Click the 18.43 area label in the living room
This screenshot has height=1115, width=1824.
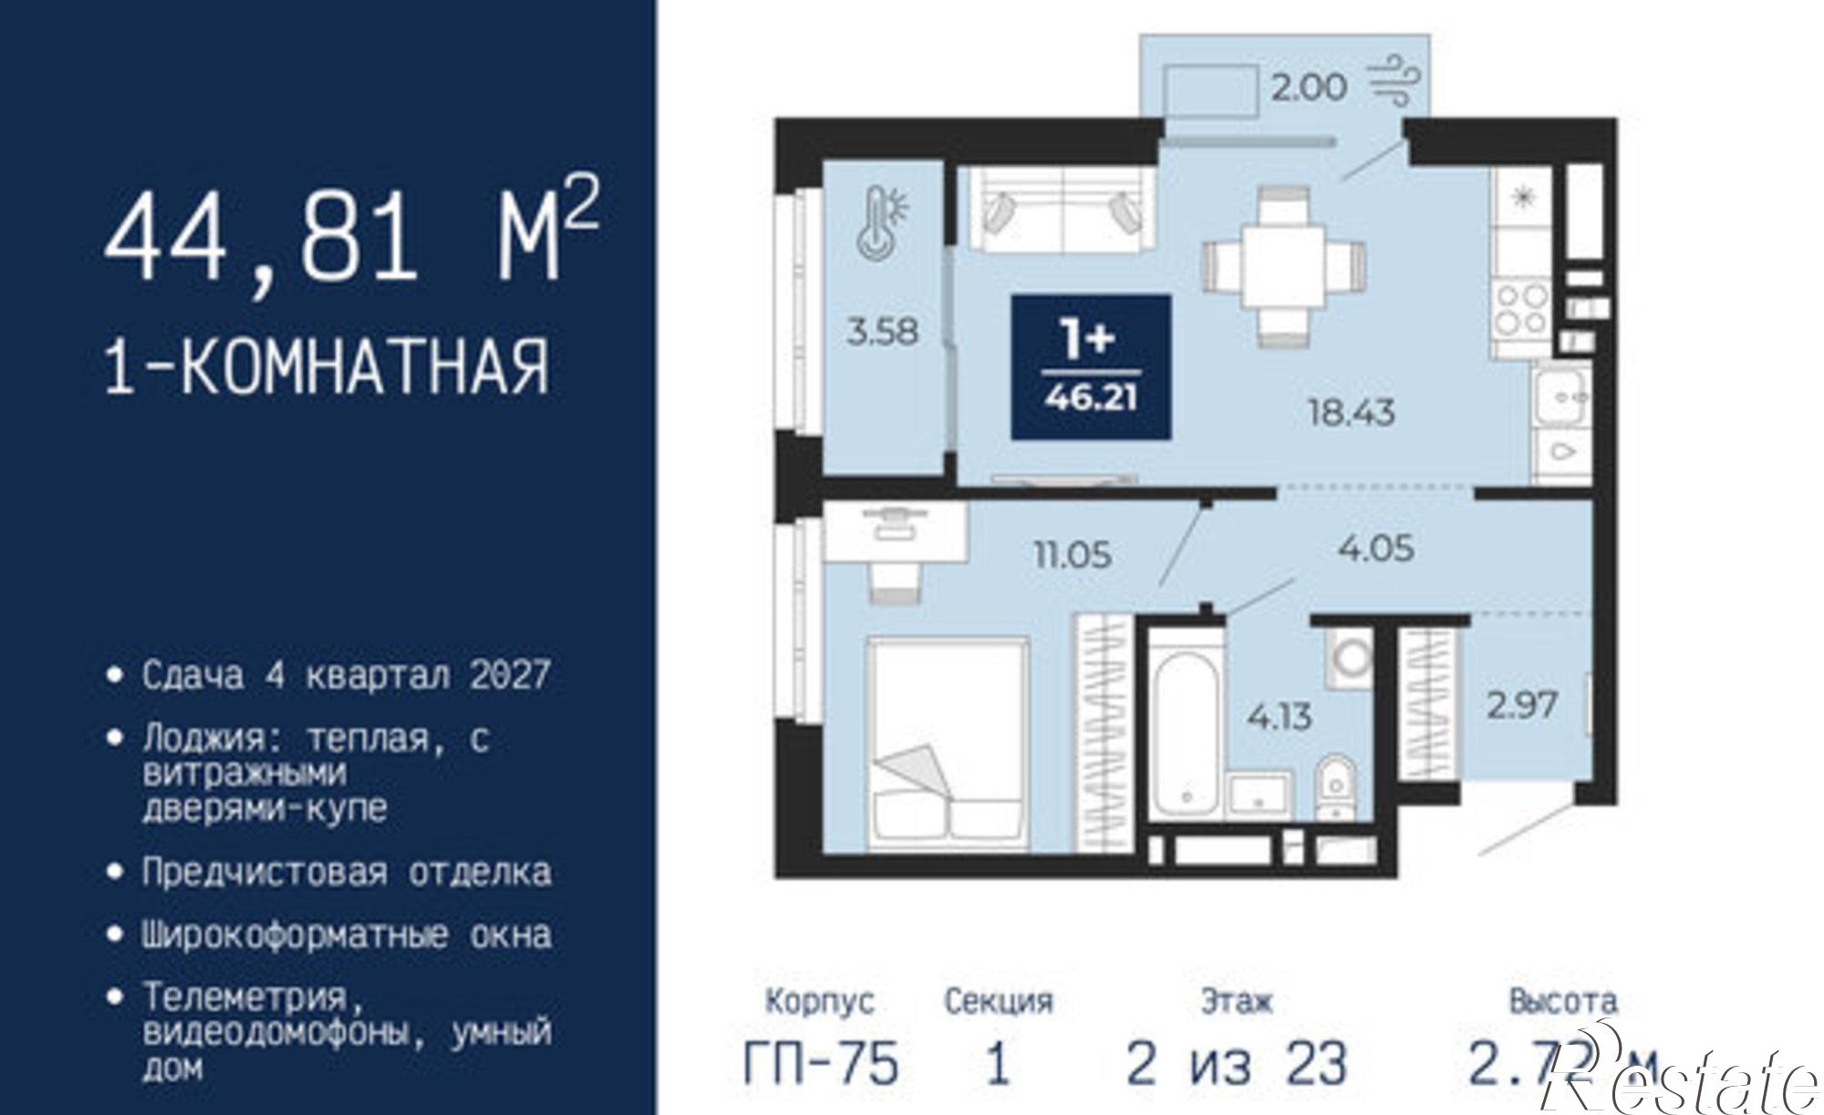coord(1352,413)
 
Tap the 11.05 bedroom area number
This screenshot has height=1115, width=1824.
coord(1073,553)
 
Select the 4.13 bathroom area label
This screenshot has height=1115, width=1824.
coord(1280,718)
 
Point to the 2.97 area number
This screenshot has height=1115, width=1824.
coord(1522,705)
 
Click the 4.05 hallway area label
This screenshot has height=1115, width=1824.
coord(1375,548)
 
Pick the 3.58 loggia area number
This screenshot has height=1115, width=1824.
coord(882,331)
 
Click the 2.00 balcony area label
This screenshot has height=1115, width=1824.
coord(1308,88)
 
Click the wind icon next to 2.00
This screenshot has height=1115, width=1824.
coord(1394,82)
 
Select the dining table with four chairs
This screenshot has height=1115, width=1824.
coord(1283,264)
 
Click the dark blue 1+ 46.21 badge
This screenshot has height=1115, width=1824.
coord(1092,367)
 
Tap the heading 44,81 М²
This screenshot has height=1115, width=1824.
coord(350,238)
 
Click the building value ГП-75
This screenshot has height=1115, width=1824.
coord(821,1064)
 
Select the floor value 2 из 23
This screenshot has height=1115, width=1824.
coord(1236,1064)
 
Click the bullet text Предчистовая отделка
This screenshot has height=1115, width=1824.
coord(346,872)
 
